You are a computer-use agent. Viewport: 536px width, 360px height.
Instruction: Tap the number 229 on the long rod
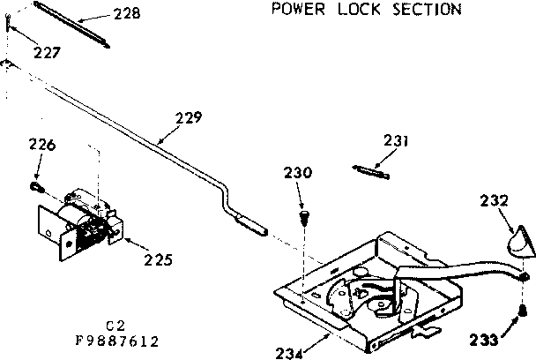[x=187, y=116]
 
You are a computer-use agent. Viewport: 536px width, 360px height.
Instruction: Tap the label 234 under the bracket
[x=288, y=353]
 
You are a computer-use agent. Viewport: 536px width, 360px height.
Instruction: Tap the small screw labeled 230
[x=305, y=214]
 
